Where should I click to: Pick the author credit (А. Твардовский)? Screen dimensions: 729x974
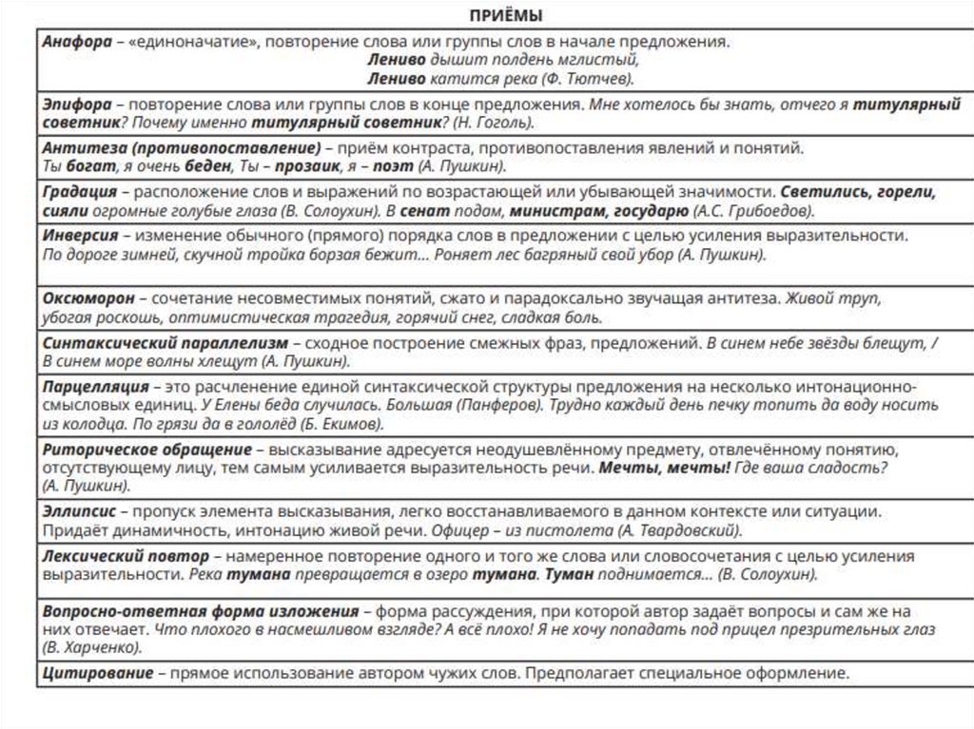pos(679,530)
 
